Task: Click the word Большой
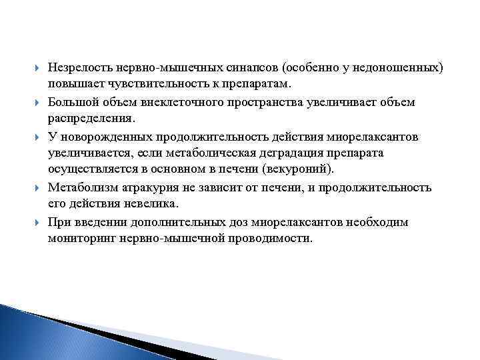69,101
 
